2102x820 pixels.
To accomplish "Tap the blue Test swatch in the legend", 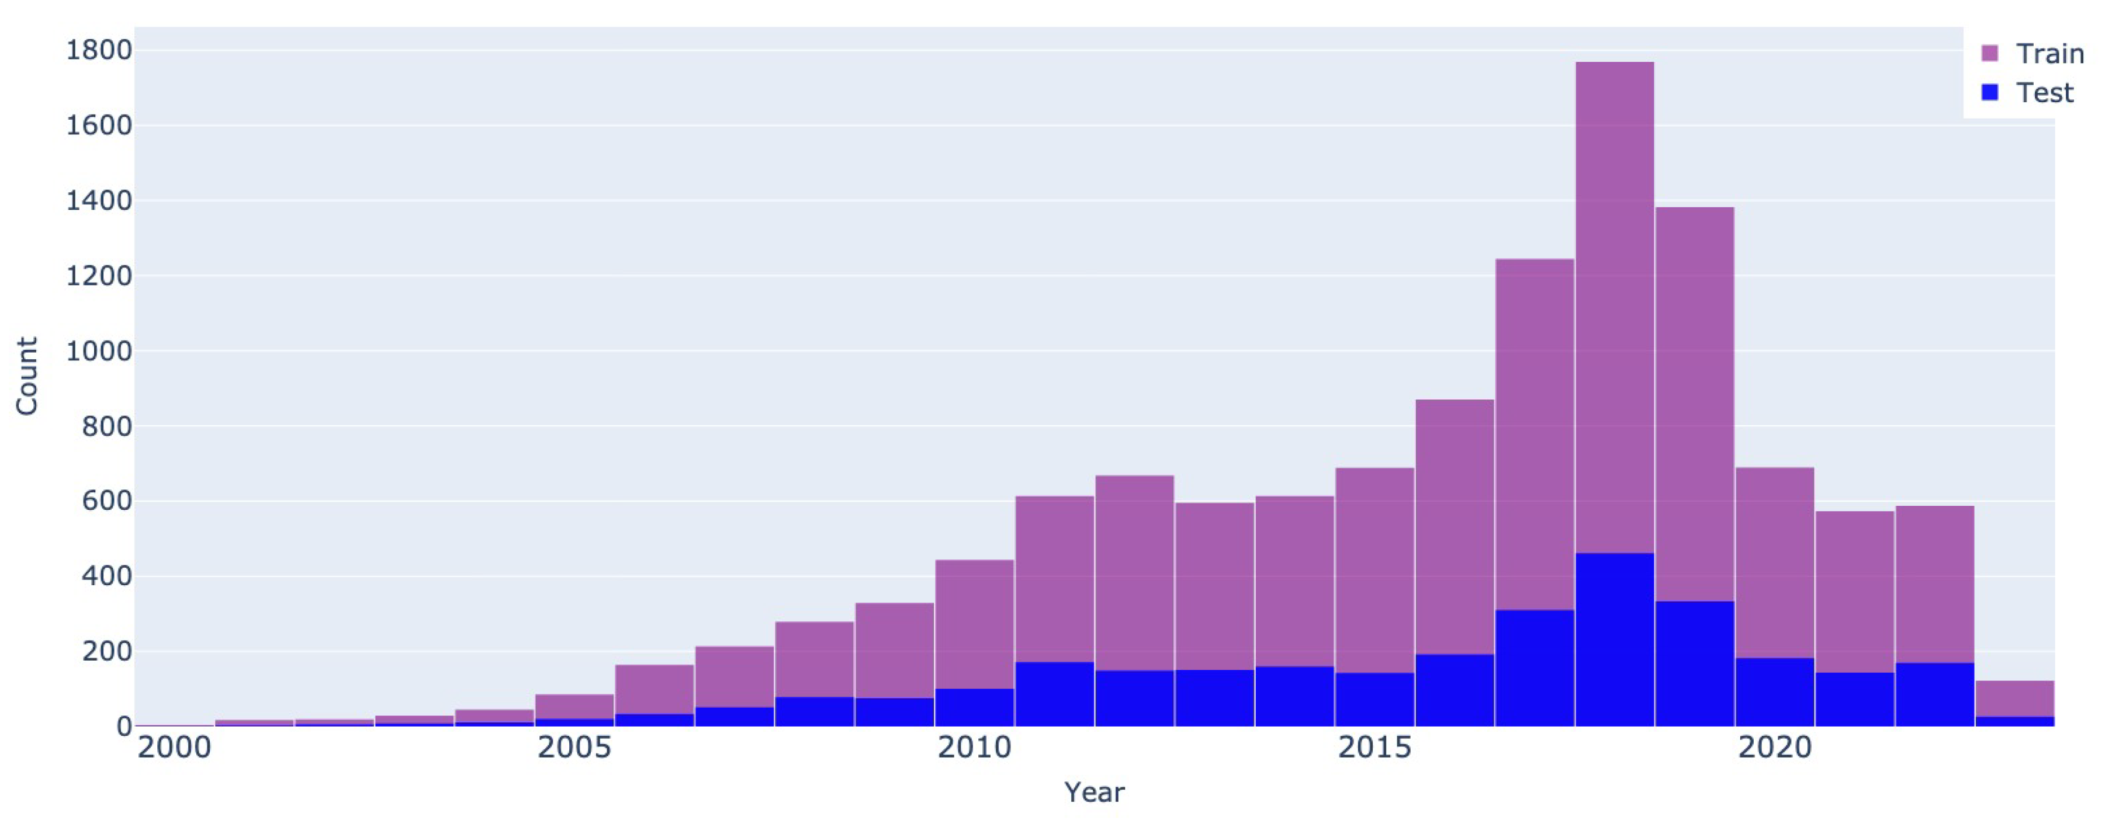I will point(1989,92).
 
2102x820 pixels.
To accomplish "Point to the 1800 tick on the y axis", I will point(99,51).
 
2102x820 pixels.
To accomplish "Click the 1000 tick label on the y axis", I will point(99,352).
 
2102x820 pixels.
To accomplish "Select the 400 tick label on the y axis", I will point(107,577).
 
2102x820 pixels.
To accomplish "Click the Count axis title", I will point(27,376).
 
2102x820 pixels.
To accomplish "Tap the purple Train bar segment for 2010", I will point(974,624).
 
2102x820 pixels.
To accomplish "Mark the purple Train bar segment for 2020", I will point(1774,562).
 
